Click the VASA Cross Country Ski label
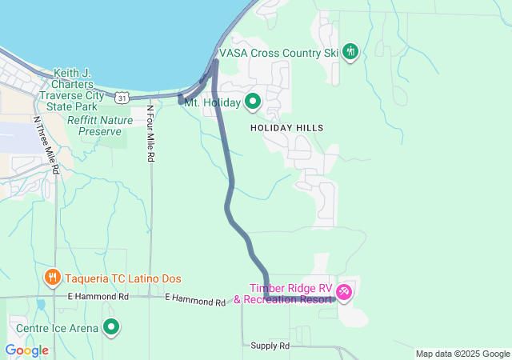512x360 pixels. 282,53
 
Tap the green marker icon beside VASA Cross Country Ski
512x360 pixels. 350,52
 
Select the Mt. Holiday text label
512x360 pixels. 211,102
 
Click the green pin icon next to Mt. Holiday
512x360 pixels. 253,101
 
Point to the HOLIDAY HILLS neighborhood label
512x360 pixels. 286,128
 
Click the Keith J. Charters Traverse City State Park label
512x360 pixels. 79,89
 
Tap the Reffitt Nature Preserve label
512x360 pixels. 100,126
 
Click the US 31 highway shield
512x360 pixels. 121,97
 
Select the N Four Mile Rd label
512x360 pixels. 150,134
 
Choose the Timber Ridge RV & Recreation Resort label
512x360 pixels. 290,294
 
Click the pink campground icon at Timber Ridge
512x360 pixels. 344,293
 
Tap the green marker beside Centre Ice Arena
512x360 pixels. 111,326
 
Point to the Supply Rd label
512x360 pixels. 270,346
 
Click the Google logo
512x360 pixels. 26,350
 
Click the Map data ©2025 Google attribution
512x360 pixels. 462,354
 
